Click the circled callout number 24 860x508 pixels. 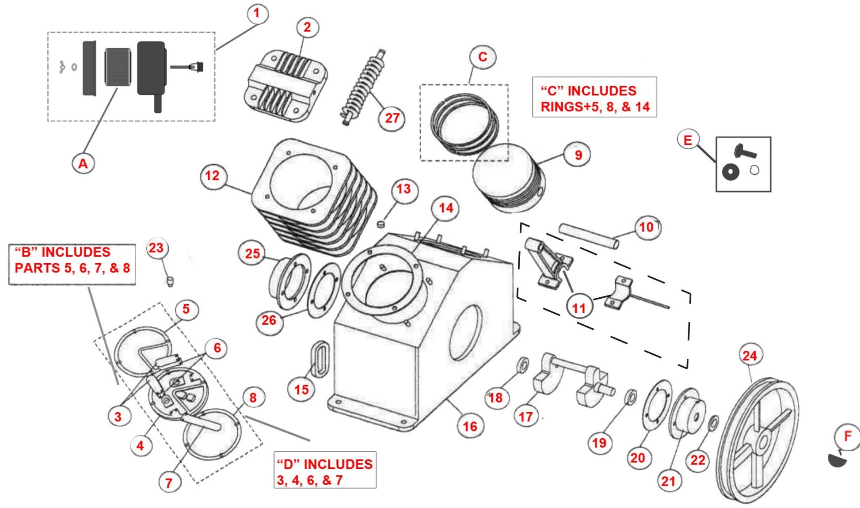point(750,356)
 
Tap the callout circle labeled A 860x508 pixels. point(83,164)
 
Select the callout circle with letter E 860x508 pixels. point(688,140)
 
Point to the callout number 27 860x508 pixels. point(392,118)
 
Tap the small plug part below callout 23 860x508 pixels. point(170,281)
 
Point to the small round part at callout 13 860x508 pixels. point(380,224)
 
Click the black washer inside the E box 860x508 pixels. point(730,171)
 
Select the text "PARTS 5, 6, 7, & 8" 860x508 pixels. point(72,268)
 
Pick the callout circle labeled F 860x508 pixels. point(847,436)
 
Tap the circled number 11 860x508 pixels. point(579,307)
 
